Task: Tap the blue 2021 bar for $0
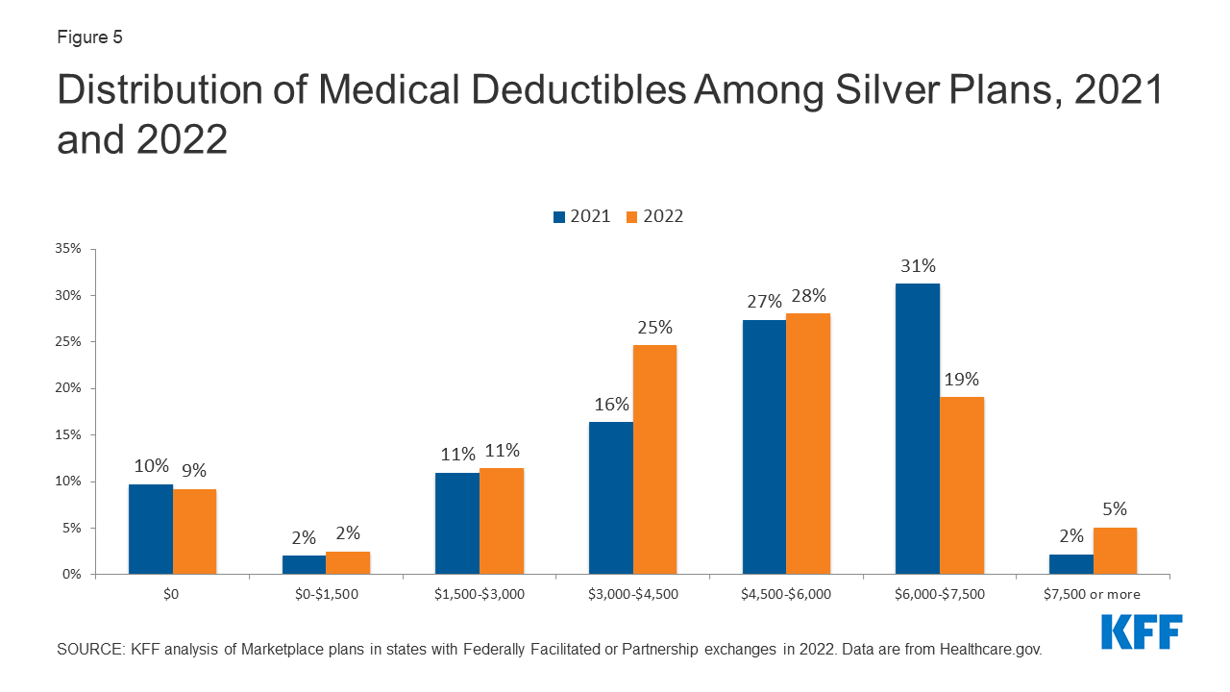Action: click(150, 529)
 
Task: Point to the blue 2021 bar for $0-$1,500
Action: click(304, 564)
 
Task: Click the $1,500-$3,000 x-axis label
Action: click(479, 594)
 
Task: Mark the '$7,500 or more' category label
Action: click(1093, 594)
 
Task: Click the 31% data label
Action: click(917, 265)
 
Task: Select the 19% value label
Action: click(962, 379)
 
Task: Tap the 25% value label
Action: click(654, 327)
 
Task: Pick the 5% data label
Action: click(1115, 509)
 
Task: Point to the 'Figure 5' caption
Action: click(89, 37)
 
